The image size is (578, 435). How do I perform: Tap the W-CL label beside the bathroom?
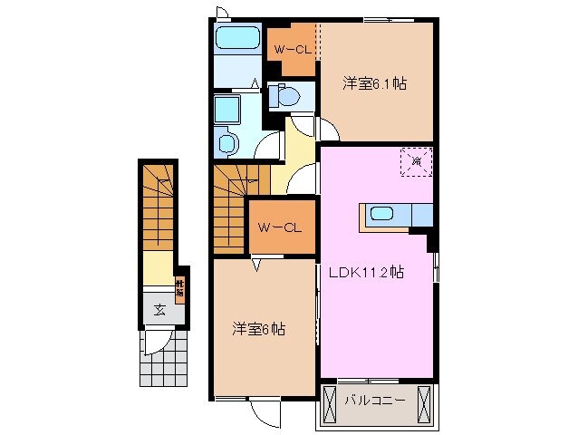[x=291, y=50]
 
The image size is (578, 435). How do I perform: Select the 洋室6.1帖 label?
[x=374, y=83]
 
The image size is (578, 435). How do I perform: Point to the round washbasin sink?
[x=227, y=141]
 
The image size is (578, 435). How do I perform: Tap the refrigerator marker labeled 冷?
[x=417, y=161]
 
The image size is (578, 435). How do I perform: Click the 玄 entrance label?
[x=159, y=310]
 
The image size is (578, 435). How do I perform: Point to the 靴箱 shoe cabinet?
[x=180, y=288]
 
